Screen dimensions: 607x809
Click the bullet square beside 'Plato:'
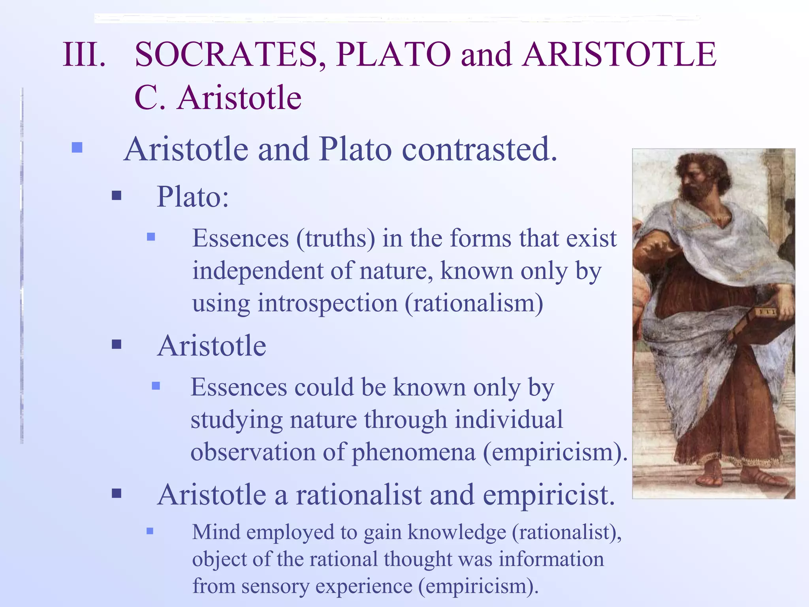pos(117,195)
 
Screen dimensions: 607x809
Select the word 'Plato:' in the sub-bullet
pos(193,196)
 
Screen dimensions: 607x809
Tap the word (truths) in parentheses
pos(335,239)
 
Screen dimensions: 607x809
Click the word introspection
pos(328,303)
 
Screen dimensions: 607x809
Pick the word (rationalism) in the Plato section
pos(474,303)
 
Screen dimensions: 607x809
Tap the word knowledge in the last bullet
pos(456,532)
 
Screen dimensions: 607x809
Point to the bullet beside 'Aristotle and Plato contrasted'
pos(77,148)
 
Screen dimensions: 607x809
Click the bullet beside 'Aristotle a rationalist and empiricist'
pos(117,493)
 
